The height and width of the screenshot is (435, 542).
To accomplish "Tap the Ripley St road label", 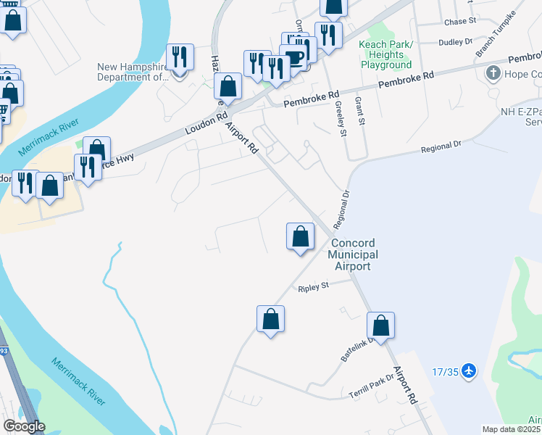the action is pos(314,287).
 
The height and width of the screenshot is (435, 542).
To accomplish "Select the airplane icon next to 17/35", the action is pos(469,370).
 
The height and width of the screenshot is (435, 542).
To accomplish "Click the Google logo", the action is pos(23,426).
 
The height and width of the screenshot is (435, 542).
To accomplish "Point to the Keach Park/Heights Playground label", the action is pos(385,54).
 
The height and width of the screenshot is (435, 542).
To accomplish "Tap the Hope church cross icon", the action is pos(493,72).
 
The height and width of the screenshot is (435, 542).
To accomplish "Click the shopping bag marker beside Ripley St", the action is pos(270,318).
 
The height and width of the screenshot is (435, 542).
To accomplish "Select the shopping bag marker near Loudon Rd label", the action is pos(228,86).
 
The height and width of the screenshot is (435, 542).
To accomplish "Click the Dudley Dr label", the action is pos(456,42).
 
